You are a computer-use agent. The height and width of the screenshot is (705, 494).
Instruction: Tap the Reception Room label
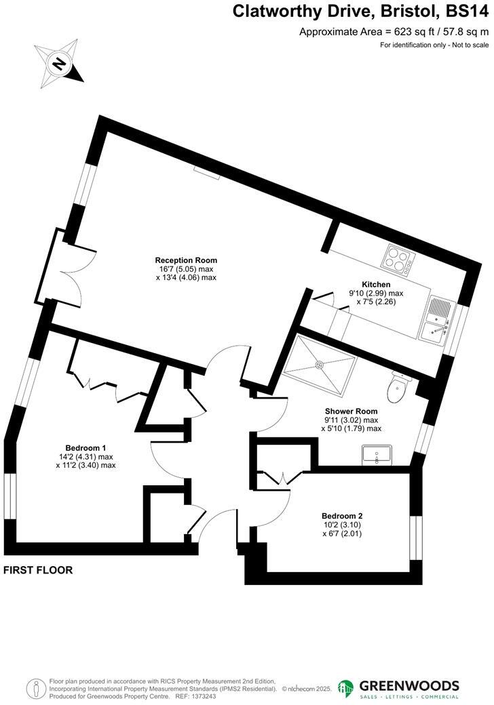(186, 260)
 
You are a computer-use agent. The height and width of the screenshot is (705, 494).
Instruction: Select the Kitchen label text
(375, 284)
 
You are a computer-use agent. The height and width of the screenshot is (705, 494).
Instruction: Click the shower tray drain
(320, 363)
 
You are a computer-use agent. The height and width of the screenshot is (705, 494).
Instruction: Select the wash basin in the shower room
(377, 456)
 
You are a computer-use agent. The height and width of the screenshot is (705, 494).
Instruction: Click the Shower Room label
(351, 411)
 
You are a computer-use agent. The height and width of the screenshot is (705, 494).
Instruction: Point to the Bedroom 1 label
(85, 447)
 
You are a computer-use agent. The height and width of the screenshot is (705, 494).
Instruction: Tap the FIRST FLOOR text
(38, 570)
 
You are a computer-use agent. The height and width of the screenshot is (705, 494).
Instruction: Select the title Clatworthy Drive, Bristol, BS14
(360, 12)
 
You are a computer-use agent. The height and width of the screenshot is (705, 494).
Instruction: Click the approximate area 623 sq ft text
(394, 31)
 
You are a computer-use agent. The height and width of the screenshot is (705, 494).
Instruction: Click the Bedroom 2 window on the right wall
(415, 540)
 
